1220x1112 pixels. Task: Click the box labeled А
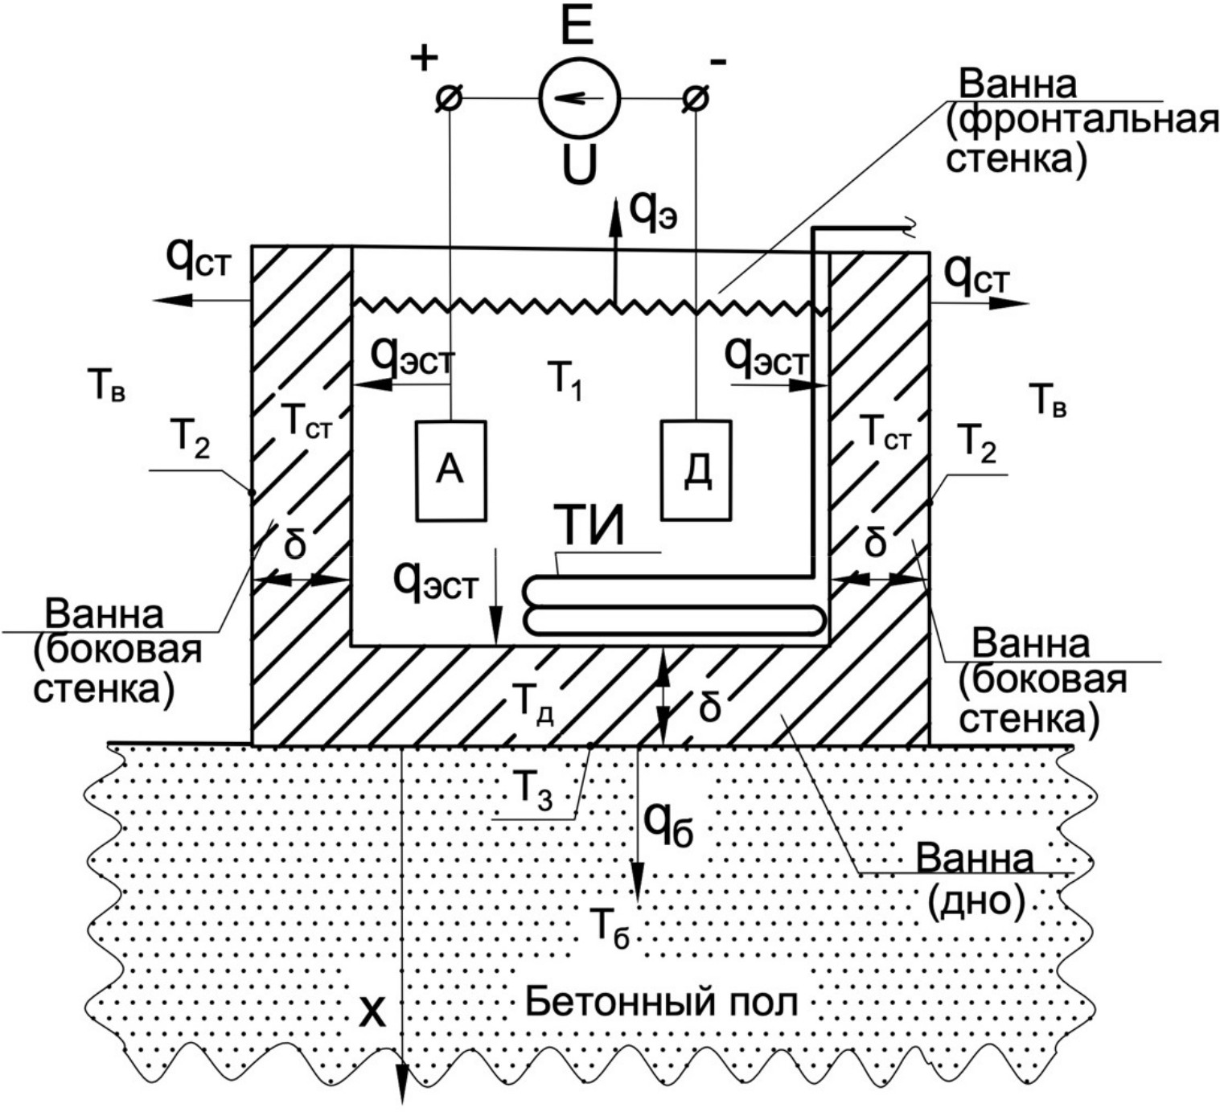(x=450, y=470)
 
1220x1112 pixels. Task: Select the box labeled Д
(x=696, y=470)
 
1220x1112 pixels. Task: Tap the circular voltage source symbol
(x=578, y=98)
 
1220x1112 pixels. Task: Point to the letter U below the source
(x=579, y=166)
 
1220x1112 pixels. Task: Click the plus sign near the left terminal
(x=425, y=58)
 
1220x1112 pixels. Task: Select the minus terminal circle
(x=696, y=99)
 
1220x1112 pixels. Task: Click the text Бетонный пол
(x=661, y=1002)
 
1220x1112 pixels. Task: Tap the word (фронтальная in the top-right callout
(x=1082, y=121)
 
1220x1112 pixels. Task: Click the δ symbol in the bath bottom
(x=709, y=708)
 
